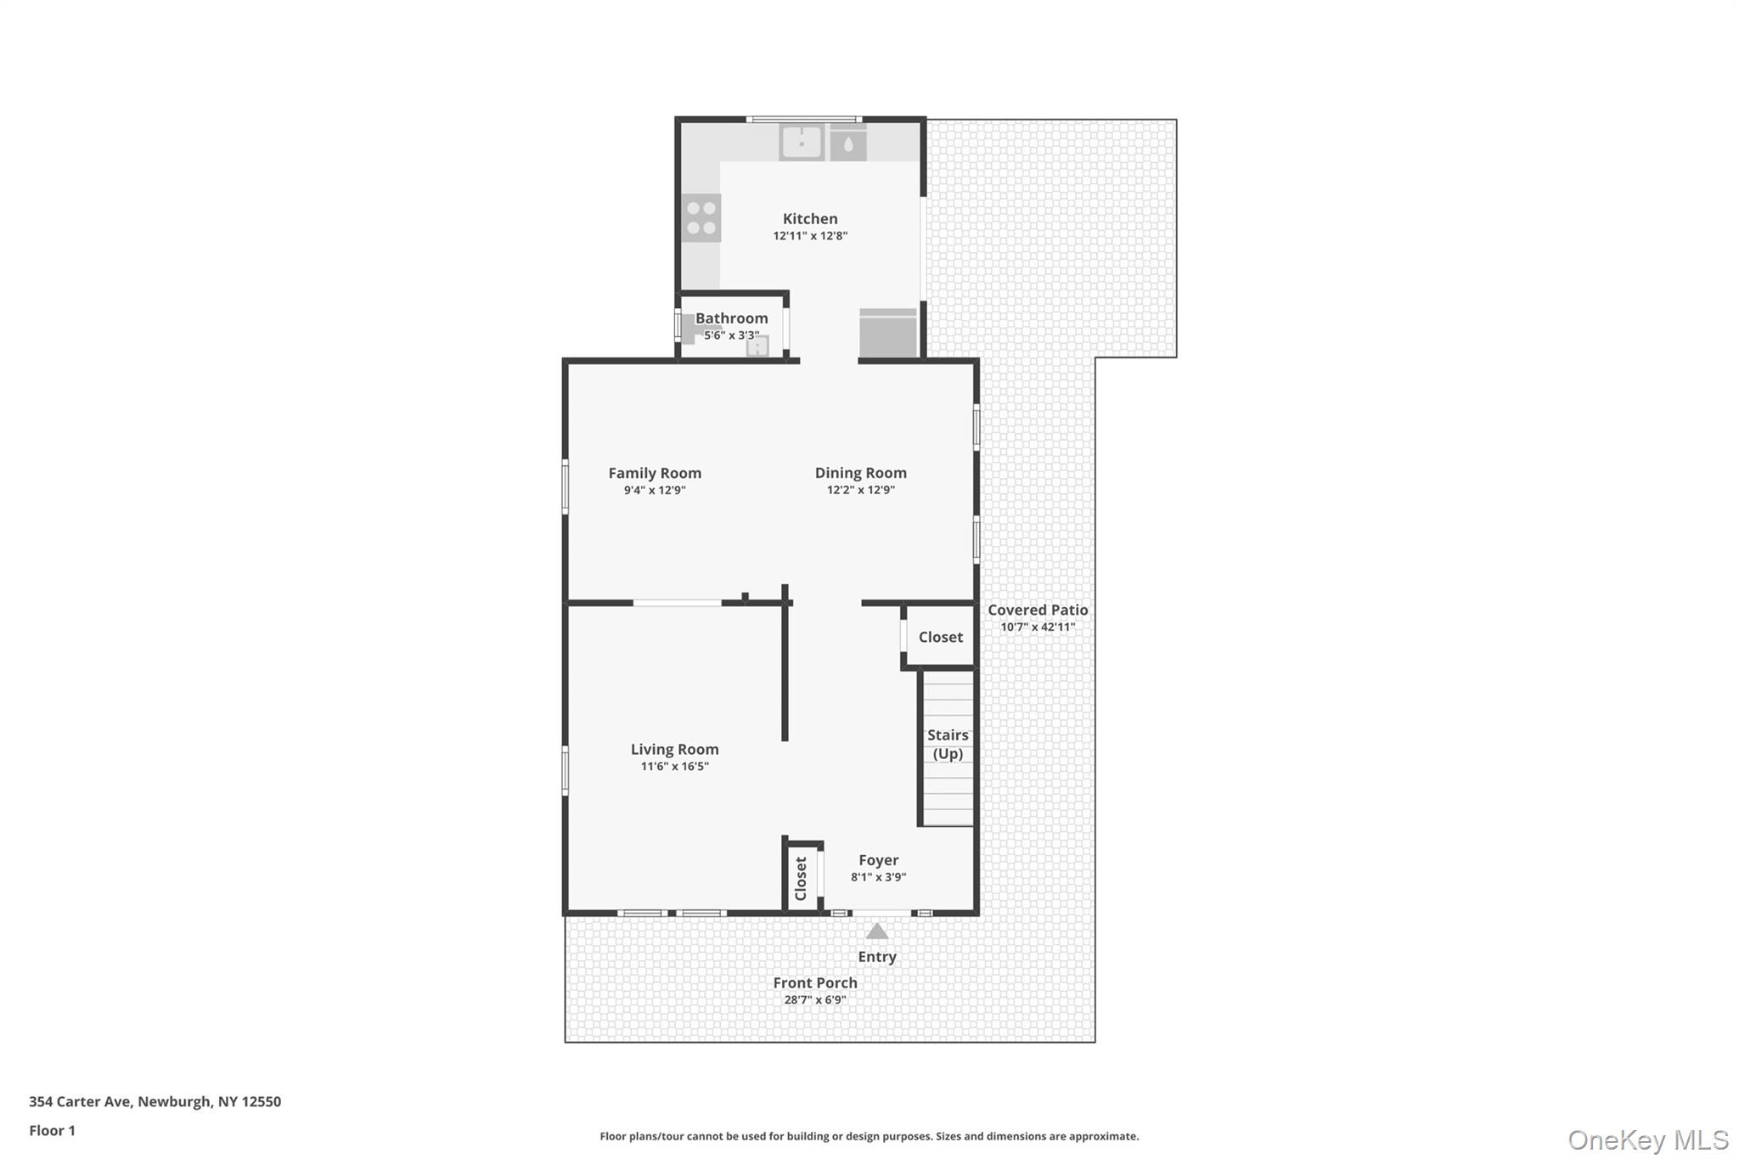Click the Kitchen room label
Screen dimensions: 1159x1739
pos(810,219)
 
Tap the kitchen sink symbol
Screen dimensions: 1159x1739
pos(802,143)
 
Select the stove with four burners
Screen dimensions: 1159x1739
pos(701,218)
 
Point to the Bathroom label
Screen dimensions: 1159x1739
pos(731,318)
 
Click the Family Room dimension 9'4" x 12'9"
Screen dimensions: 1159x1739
pos(655,491)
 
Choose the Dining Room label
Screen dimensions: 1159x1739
pos(860,473)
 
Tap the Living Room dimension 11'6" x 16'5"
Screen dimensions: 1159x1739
pos(674,767)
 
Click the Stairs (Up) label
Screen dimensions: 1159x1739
pos(948,744)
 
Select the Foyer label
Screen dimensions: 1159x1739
pos(878,860)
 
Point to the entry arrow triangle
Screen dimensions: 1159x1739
pos(877,931)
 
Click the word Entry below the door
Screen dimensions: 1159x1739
pos(877,957)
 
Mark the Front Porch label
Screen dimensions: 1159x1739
pos(815,982)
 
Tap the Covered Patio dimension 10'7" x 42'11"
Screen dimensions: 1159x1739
pos(1038,627)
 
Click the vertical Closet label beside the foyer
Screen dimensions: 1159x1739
pos(801,879)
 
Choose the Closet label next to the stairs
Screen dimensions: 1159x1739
pos(940,637)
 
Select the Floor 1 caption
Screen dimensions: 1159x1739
pos(52,1130)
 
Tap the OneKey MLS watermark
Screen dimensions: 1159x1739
pos(1647,1139)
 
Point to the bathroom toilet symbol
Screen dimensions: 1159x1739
pos(693,327)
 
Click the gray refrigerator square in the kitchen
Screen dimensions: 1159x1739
pos(888,333)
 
